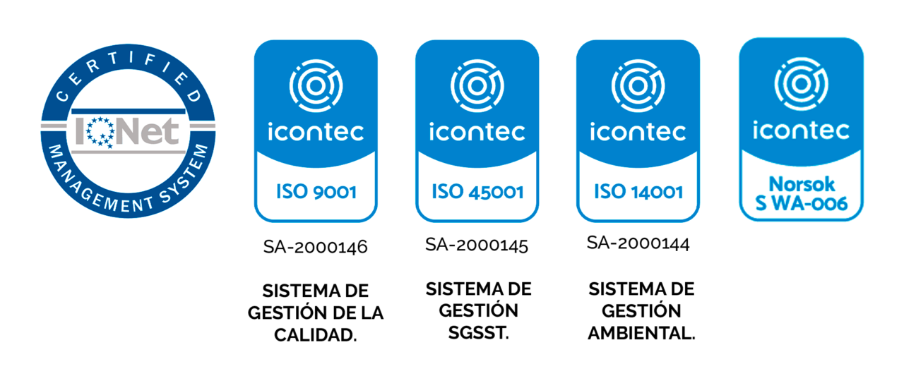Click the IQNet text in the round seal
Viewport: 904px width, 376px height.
pyautogui.click(x=127, y=131)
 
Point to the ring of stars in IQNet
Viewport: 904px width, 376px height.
pyautogui.click(x=100, y=132)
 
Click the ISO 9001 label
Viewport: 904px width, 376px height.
pyautogui.click(x=316, y=191)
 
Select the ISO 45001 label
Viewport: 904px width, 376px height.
pyautogui.click(x=477, y=191)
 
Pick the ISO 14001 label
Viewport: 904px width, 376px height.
pyautogui.click(x=638, y=191)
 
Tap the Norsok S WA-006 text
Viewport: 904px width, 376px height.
pyautogui.click(x=802, y=194)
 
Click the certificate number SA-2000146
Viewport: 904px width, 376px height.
pyautogui.click(x=316, y=247)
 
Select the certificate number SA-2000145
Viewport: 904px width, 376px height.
pyautogui.click(x=477, y=245)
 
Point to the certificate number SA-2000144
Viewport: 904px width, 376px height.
pyautogui.click(x=638, y=243)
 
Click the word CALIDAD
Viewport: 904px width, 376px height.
pyautogui.click(x=316, y=335)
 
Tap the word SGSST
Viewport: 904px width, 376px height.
pyautogui.click(x=479, y=333)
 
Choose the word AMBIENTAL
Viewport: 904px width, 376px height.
pyautogui.click(x=642, y=333)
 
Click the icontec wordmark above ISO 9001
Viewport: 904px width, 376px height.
pyautogui.click(x=316, y=132)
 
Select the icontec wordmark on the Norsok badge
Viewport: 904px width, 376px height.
pyautogui.click(x=801, y=130)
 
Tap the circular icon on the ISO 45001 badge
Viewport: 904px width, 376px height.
pyautogui.click(x=477, y=85)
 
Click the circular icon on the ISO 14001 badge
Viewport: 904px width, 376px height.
pyautogui.click(x=638, y=85)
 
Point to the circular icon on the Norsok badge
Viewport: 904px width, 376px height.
pyautogui.click(x=801, y=84)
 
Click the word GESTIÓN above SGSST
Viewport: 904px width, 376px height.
pyautogui.click(x=479, y=310)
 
